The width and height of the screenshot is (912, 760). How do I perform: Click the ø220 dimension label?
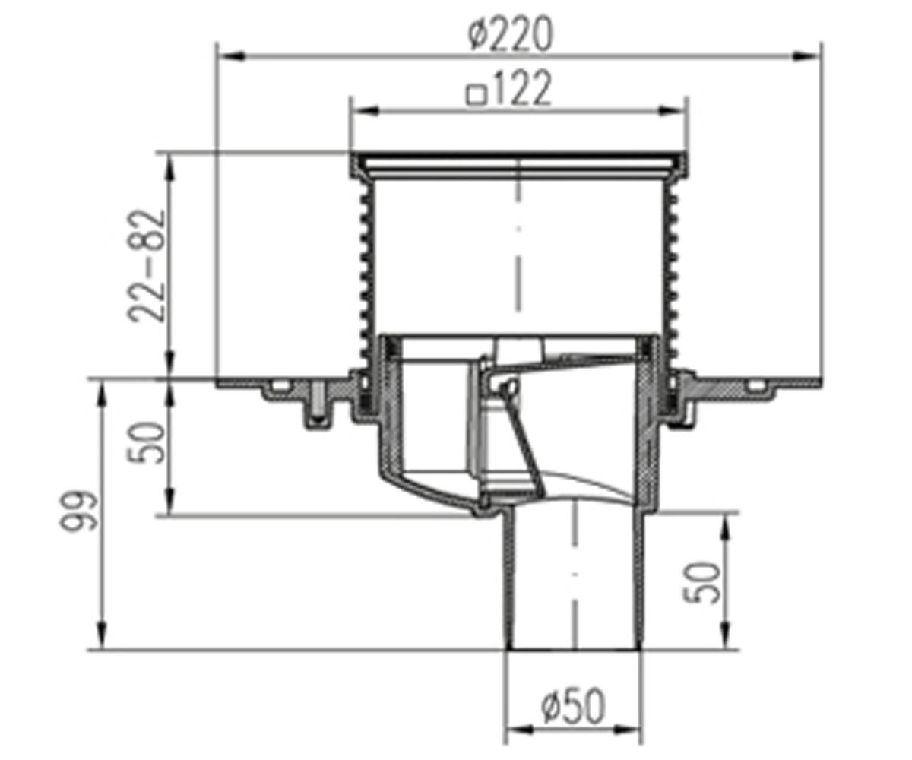pyautogui.click(x=510, y=34)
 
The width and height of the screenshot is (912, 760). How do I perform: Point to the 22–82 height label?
pyautogui.click(x=147, y=266)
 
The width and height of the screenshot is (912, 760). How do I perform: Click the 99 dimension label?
pyautogui.click(x=78, y=511)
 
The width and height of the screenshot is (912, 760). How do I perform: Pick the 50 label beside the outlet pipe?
pyautogui.click(x=701, y=583)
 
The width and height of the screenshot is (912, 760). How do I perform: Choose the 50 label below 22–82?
pyautogui.click(x=147, y=442)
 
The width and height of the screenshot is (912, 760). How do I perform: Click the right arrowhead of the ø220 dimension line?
pyautogui.click(x=806, y=56)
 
